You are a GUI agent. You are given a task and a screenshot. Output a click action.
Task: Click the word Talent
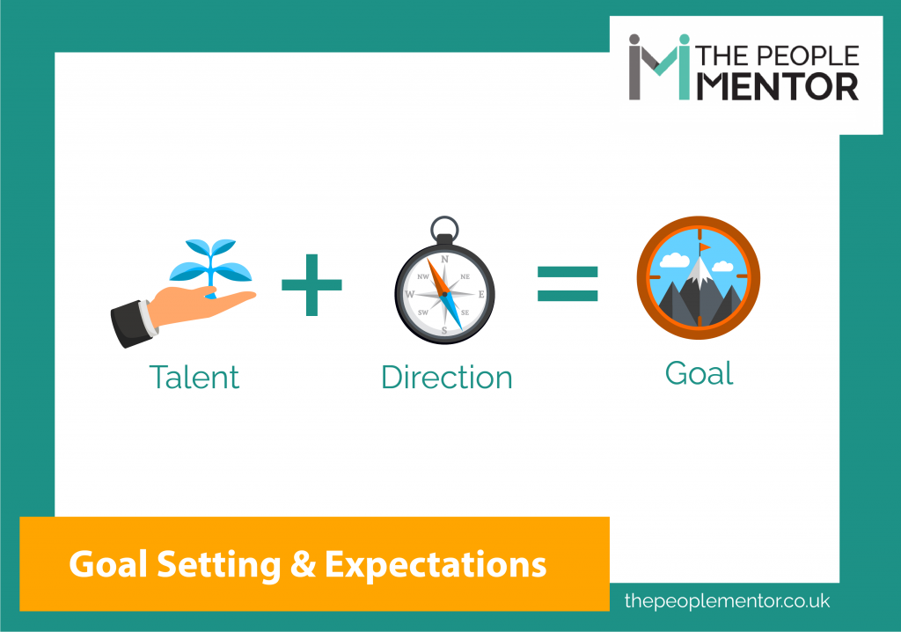[194, 378]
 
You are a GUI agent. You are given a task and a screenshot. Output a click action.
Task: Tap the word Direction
[446, 378]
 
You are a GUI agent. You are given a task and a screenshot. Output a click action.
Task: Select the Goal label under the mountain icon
[699, 373]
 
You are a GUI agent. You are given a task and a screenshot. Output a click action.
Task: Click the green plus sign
[311, 284]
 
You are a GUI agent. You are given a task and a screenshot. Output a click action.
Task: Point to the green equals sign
[568, 283]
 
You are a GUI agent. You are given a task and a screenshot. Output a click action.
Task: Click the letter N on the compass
[445, 260]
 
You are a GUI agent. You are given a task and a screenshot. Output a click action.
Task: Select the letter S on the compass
[445, 330]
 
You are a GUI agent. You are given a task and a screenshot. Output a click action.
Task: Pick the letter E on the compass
[480, 295]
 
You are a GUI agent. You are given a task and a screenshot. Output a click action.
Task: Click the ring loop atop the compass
[444, 231]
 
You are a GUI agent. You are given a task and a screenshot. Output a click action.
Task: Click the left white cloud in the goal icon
[673, 261]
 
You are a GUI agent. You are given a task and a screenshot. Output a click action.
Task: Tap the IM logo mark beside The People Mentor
[658, 68]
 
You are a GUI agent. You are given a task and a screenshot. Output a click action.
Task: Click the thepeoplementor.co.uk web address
[727, 601]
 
